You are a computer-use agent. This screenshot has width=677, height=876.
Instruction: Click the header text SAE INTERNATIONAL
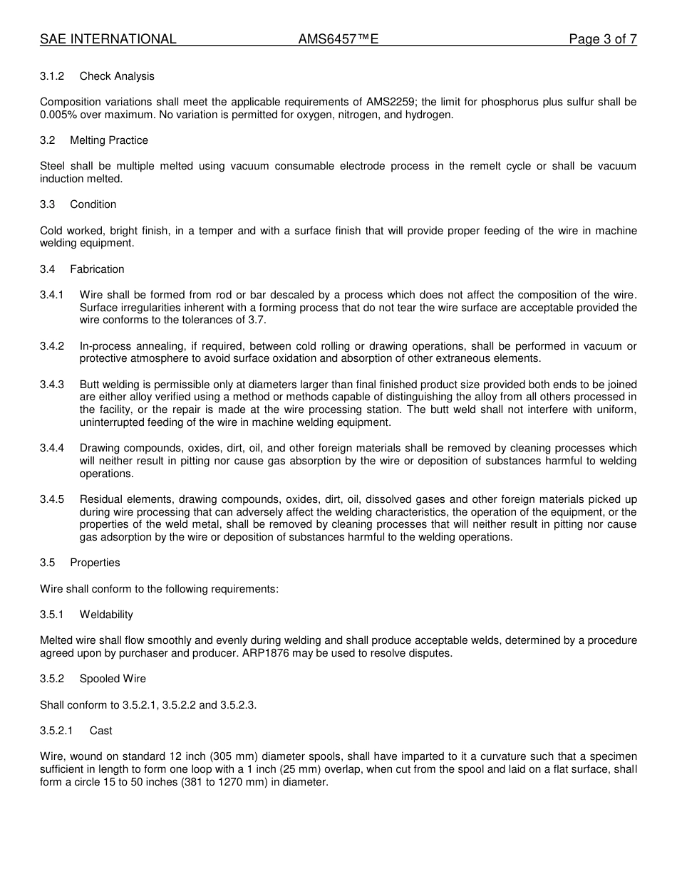[x=108, y=39]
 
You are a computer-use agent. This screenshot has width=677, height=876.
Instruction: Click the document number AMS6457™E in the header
[x=338, y=39]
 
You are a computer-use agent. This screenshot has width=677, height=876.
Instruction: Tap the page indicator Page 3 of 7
[x=602, y=39]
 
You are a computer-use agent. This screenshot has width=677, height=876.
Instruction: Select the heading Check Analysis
[x=117, y=76]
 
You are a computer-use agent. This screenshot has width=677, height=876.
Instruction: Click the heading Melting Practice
[x=109, y=140]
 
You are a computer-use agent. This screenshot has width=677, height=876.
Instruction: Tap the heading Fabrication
[x=97, y=269]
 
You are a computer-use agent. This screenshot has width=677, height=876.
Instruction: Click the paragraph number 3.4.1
[x=52, y=295]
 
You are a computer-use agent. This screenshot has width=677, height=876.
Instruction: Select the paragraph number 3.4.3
[x=52, y=385]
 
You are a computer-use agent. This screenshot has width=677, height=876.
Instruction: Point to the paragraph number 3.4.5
[x=52, y=499]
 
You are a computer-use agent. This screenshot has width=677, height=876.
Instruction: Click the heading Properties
[x=95, y=563]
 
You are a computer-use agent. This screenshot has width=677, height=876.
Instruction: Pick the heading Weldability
[x=106, y=615]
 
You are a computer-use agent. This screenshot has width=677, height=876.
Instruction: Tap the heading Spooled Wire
[x=113, y=679]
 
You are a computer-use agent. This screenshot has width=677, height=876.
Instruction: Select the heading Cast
[x=101, y=731]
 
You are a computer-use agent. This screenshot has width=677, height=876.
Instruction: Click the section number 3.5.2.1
[x=56, y=731]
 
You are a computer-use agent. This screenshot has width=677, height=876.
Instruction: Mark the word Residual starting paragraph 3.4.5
[x=102, y=499]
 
